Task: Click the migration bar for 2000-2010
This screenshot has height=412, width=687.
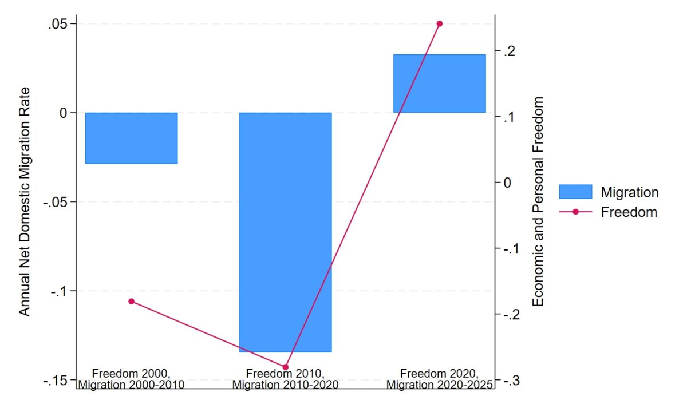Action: tap(131, 138)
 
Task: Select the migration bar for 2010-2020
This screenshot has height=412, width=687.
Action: tap(286, 232)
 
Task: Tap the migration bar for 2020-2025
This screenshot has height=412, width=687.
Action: tap(440, 84)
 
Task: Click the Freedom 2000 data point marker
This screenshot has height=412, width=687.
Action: tap(131, 302)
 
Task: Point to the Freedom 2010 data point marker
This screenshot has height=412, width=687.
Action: tap(286, 367)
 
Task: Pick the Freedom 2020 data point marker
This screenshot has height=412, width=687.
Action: tap(440, 23)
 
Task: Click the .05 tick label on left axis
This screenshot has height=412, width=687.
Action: tap(57, 25)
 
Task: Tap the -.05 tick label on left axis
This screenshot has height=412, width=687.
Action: tap(55, 203)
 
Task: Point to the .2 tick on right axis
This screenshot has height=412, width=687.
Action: tap(509, 51)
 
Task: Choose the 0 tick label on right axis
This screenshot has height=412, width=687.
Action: tap(507, 183)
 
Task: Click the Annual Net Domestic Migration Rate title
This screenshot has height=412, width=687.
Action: tap(24, 201)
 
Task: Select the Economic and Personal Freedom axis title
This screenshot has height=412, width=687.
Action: tap(538, 201)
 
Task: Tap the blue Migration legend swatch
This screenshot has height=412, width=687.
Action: tap(575, 192)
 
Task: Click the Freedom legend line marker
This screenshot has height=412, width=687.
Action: tap(575, 212)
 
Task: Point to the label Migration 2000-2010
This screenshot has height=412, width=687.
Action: tap(131, 385)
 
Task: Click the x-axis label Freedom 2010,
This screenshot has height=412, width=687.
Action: tap(285, 373)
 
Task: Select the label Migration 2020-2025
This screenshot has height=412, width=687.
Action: tap(440, 385)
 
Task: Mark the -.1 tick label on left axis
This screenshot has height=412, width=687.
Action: tap(59, 291)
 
